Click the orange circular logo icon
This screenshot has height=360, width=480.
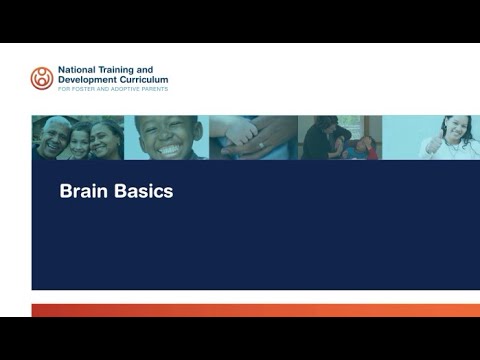(42, 78)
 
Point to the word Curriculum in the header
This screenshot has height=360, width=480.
(142, 79)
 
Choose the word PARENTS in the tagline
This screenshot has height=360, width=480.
(154, 88)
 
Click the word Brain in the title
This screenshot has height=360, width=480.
(82, 191)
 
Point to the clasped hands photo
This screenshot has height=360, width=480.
(252, 137)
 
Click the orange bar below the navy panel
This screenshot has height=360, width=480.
(255, 310)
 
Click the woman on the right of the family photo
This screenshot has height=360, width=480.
(106, 140)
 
